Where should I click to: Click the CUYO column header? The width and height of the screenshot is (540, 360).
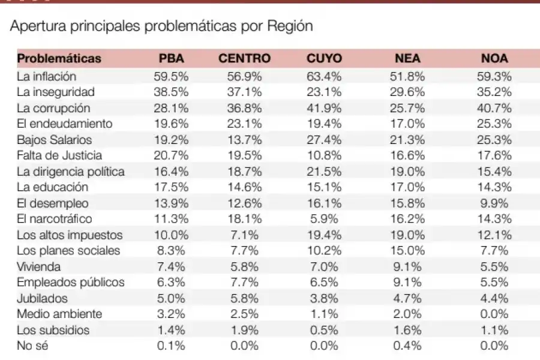pos(324,59)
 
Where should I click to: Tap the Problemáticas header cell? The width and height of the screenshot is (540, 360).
pos(59,59)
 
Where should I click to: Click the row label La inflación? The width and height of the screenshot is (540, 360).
pos(46,77)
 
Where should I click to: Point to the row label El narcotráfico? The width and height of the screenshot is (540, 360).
pos(55,219)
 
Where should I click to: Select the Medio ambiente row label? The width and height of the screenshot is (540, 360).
pos(59,314)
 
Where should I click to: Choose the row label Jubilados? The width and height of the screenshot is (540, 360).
pos(42,298)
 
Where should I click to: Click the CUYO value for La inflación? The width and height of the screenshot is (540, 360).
pos(324,77)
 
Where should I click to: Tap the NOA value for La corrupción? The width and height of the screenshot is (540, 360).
pos(494,109)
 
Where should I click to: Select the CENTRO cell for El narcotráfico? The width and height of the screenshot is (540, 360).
pos(244,219)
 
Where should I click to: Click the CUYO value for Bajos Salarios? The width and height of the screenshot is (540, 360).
pos(324,140)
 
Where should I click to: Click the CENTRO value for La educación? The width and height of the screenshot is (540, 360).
pos(244,187)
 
